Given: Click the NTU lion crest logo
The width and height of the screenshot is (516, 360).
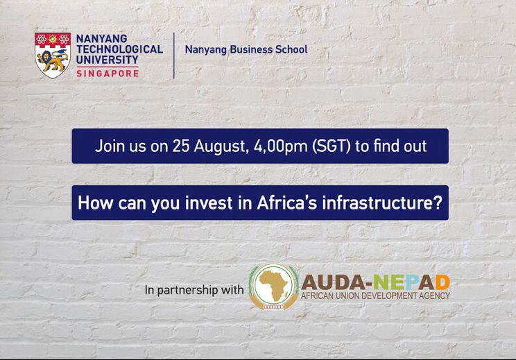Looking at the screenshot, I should [x=53, y=55].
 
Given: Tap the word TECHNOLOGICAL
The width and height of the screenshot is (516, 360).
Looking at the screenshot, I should [x=119, y=49].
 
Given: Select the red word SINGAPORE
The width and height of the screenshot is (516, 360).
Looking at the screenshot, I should [x=108, y=72].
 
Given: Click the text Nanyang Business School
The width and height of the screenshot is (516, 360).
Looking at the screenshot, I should [x=246, y=49].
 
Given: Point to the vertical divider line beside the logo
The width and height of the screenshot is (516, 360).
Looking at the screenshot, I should [x=173, y=55].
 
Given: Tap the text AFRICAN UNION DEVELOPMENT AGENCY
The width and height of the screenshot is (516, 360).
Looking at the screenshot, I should [x=375, y=296].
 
